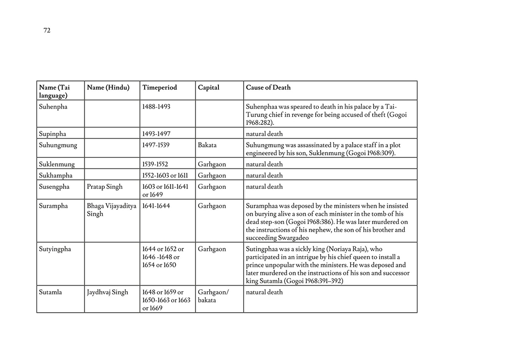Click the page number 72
(x=47, y=31)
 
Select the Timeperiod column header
(x=160, y=88)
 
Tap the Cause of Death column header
(x=268, y=88)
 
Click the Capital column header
(x=209, y=88)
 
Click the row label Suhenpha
(x=53, y=107)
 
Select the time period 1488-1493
(x=156, y=107)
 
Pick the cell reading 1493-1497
(x=156, y=133)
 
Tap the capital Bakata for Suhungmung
(x=207, y=145)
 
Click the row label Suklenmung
(x=57, y=164)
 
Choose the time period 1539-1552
(x=155, y=164)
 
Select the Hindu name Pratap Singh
(x=105, y=187)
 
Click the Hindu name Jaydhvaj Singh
(x=108, y=292)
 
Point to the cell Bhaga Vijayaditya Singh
(x=111, y=210)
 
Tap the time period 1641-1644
(x=156, y=206)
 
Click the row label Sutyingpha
(x=55, y=249)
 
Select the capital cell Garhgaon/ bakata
(x=213, y=296)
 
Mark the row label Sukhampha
(x=56, y=176)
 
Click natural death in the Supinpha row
(x=264, y=133)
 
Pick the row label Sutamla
(x=50, y=292)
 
